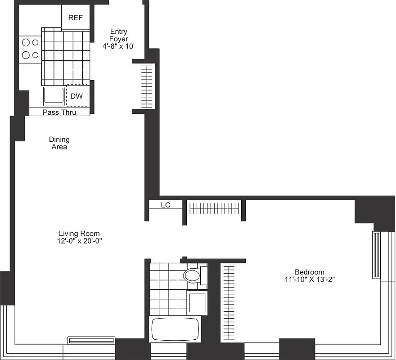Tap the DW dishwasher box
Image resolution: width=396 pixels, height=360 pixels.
pyautogui.click(x=76, y=96)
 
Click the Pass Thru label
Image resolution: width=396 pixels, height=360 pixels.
pyautogui.click(x=59, y=112)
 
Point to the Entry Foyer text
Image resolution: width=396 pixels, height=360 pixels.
pyautogui.click(x=119, y=35)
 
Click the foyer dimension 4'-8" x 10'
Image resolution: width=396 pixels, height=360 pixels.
pyautogui.click(x=119, y=46)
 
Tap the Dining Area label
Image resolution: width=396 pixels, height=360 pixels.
pyautogui.click(x=59, y=143)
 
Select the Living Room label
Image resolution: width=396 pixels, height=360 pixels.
pyautogui.click(x=79, y=234)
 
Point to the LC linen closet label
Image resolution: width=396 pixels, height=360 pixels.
pyautogui.click(x=166, y=205)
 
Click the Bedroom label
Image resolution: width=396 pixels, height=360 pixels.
pyautogui.click(x=309, y=272)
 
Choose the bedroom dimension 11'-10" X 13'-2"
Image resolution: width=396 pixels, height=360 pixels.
pyautogui.click(x=309, y=279)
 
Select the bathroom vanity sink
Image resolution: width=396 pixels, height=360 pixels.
pyautogui.click(x=197, y=302)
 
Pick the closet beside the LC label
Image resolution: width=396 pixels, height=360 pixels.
pyautogui.click(x=214, y=208)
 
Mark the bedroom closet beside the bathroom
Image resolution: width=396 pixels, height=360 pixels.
pyautogui.click(x=229, y=302)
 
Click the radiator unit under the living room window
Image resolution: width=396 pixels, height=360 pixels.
pyautogui.click(x=91, y=341)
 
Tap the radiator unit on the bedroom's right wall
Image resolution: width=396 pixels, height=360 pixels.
pyautogui.click(x=376, y=255)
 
